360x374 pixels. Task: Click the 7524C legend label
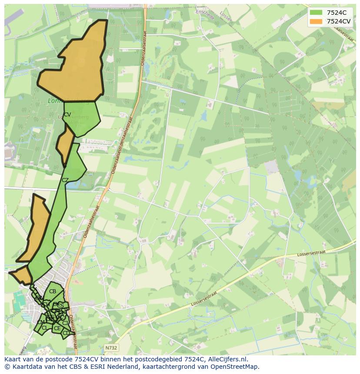[337, 13]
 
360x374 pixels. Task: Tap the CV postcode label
[67, 115]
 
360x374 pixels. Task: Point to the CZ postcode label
[65, 180]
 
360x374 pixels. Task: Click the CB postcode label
[53, 291]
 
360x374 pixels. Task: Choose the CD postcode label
[66, 333]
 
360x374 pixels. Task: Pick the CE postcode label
[57, 328]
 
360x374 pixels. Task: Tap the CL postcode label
[45, 328]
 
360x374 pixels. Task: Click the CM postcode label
[41, 322]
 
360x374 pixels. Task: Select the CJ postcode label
[65, 323]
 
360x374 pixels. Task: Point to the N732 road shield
[110, 348]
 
